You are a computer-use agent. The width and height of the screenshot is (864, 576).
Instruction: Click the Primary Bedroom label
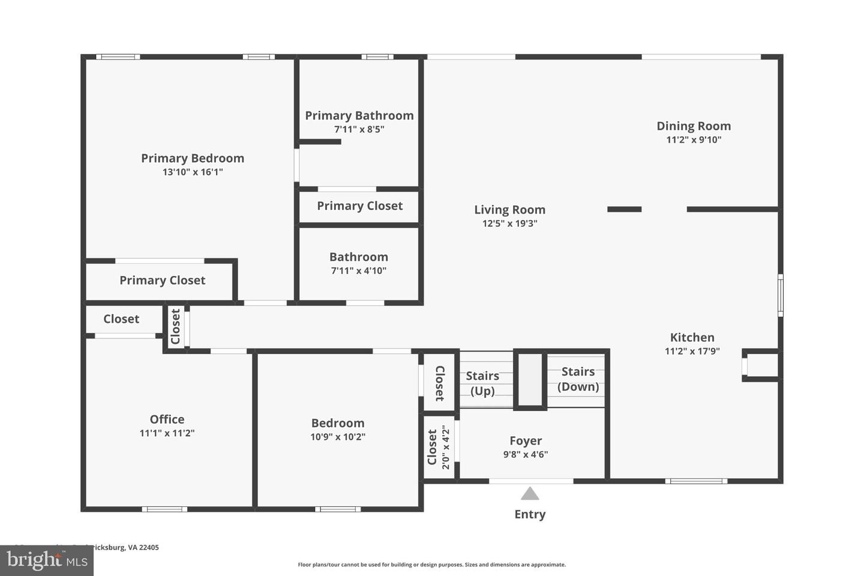193,158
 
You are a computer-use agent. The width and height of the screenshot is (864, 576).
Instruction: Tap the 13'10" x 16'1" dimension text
193,172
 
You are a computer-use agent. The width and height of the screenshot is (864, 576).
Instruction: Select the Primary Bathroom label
359,116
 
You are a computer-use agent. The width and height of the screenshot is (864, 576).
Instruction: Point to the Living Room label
509,210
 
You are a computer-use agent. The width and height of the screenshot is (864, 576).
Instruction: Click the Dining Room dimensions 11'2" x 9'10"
694,140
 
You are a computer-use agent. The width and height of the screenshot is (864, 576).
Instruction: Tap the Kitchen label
692,337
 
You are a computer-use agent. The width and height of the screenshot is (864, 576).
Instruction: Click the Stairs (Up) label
482,383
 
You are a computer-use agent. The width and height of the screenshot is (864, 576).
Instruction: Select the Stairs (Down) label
578,379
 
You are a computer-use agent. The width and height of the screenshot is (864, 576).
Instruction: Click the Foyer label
526,441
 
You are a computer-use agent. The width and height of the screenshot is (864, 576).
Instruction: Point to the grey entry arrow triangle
529,494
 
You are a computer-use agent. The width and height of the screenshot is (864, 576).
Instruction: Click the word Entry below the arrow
530,514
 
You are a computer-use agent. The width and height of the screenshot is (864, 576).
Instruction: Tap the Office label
167,419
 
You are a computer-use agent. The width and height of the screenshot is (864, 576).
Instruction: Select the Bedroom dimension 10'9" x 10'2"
338,437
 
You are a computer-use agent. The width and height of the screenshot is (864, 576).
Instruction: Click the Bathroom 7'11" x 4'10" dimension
359,271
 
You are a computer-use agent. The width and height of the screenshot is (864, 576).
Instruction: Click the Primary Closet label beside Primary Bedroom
162,280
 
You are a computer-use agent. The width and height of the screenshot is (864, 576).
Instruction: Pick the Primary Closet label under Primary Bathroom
359,206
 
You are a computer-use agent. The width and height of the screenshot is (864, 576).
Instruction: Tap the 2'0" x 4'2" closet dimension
445,448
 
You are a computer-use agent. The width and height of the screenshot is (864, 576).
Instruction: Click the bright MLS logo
46,560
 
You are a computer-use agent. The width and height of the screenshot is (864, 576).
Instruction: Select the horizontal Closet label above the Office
121,319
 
